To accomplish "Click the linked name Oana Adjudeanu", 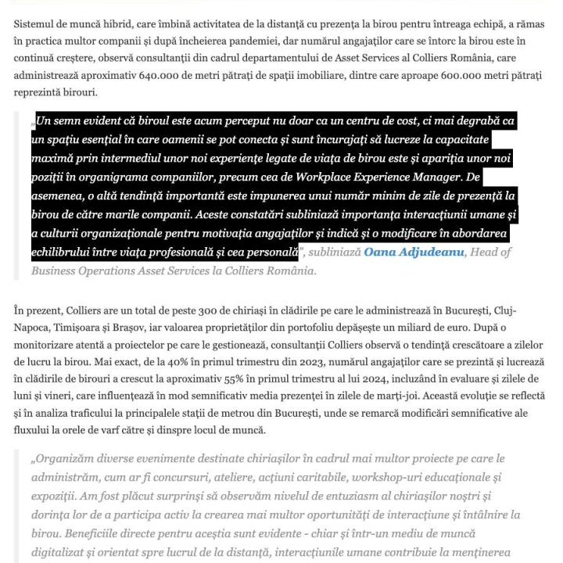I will click(414, 253).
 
